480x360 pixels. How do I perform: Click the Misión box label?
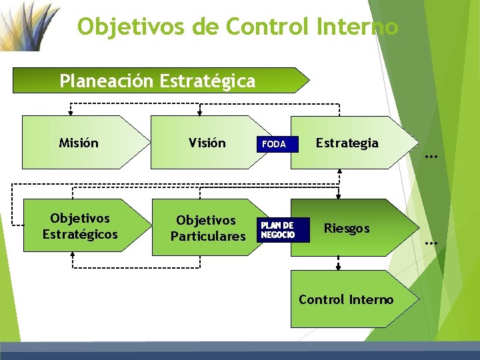[79, 143]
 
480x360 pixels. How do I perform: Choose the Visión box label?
[207, 143]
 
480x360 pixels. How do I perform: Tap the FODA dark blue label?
[273, 144]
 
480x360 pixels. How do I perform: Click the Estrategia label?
[347, 143]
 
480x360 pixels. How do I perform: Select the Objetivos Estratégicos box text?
[80, 227]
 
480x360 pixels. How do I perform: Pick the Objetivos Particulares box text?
[207, 228]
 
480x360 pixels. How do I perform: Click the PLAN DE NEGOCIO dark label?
[277, 230]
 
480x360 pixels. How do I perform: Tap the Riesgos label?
[347, 228]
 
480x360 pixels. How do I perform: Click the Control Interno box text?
[346, 299]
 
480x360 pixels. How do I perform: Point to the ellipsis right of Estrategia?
[431, 157]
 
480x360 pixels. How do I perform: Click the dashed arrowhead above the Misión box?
[71, 113]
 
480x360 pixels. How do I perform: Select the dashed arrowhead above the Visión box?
[200, 113]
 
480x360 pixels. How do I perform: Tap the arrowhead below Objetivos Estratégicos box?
[72, 255]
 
